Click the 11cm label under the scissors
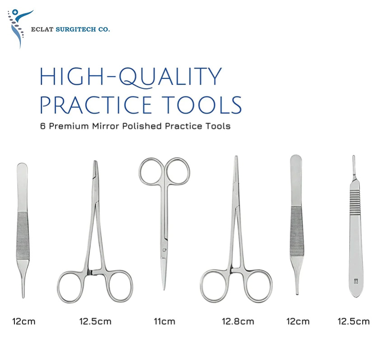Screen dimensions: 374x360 [x=164, y=321]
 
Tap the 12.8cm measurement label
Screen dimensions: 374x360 [x=238, y=321]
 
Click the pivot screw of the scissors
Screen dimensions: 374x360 [x=164, y=250]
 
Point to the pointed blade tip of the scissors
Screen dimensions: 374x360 [x=164, y=289]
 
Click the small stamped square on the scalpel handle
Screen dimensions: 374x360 [x=356, y=282]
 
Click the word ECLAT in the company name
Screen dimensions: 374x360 [x=42, y=29]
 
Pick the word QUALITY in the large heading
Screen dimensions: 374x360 [x=171, y=77]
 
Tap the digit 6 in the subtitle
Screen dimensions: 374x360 [x=43, y=126]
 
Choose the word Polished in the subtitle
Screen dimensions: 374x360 [x=142, y=126]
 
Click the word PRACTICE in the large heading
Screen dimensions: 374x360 [x=96, y=105]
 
